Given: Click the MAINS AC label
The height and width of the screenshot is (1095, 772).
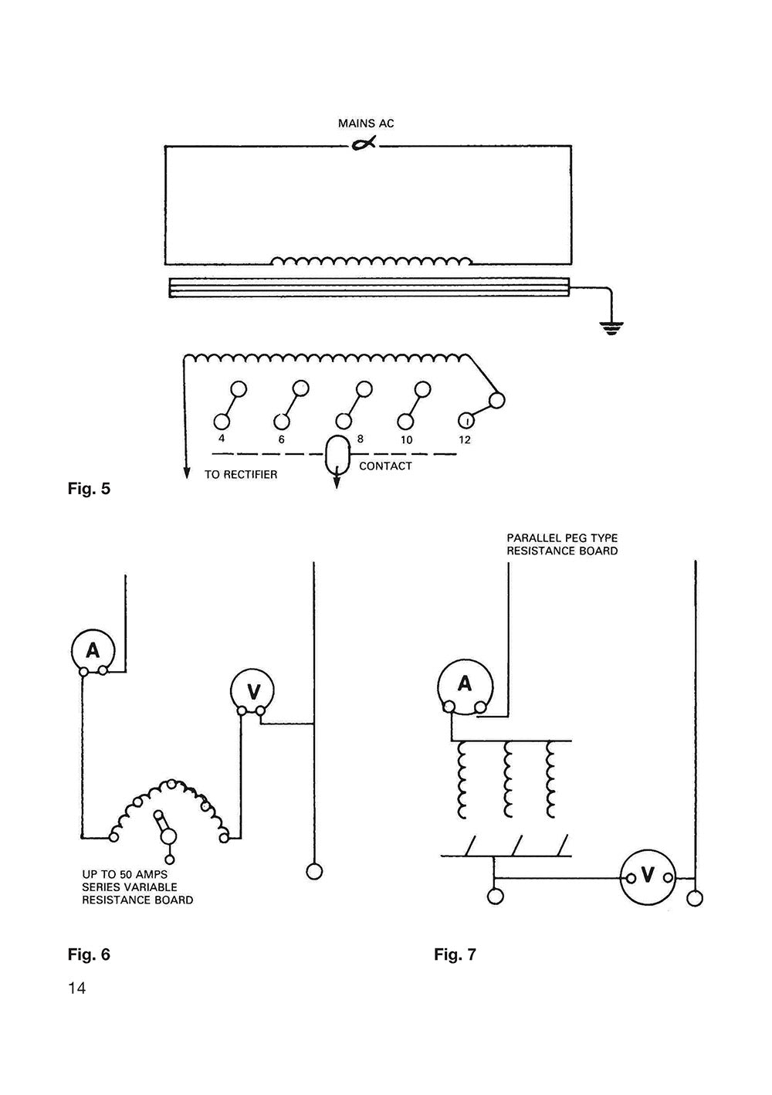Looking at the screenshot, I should click(366, 124).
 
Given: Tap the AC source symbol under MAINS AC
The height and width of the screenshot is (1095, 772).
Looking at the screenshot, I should click(364, 144).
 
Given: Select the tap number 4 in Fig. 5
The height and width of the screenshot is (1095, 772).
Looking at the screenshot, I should click(222, 439).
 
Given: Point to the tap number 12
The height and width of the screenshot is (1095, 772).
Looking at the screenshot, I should click(465, 440).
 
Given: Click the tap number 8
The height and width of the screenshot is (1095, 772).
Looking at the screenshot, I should click(361, 438).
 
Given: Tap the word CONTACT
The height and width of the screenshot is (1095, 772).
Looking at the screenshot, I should click(385, 466).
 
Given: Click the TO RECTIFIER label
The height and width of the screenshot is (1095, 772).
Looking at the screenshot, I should click(241, 475).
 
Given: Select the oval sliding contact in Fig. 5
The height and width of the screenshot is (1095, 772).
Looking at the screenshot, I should click(337, 456).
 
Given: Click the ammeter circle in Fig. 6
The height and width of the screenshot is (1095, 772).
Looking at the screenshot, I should click(93, 650).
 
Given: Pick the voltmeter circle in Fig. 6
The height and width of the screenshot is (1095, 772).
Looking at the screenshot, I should click(253, 689).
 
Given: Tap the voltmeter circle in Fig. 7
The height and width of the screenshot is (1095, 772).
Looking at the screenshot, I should click(648, 876).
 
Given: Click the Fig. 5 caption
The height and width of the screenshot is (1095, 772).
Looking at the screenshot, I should click(90, 489).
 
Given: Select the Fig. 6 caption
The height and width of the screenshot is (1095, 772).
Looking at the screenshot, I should click(90, 954).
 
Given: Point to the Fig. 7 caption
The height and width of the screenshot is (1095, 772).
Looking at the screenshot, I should click(455, 955).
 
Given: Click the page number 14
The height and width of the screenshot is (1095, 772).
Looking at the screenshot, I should click(76, 988).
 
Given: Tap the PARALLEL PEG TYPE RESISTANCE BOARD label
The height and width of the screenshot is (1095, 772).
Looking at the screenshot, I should click(562, 544).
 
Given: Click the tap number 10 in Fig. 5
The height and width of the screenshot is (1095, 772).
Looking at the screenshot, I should click(407, 440).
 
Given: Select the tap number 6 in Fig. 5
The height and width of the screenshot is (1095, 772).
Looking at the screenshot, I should click(282, 439).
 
